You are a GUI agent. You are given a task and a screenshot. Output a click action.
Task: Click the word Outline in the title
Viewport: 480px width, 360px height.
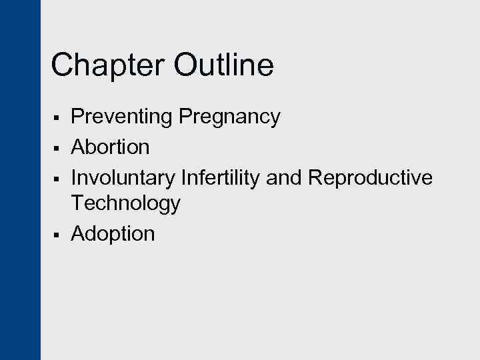click(x=223, y=66)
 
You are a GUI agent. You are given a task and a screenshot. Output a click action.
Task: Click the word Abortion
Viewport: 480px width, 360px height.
click(x=110, y=146)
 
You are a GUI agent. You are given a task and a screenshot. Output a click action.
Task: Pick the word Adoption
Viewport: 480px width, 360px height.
click(x=113, y=234)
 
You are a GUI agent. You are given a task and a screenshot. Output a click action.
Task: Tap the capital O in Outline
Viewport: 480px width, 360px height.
click(x=187, y=66)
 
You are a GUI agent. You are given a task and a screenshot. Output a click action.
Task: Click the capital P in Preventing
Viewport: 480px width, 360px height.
click(x=77, y=117)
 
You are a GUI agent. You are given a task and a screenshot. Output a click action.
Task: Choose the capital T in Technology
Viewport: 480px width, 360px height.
click(x=77, y=203)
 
